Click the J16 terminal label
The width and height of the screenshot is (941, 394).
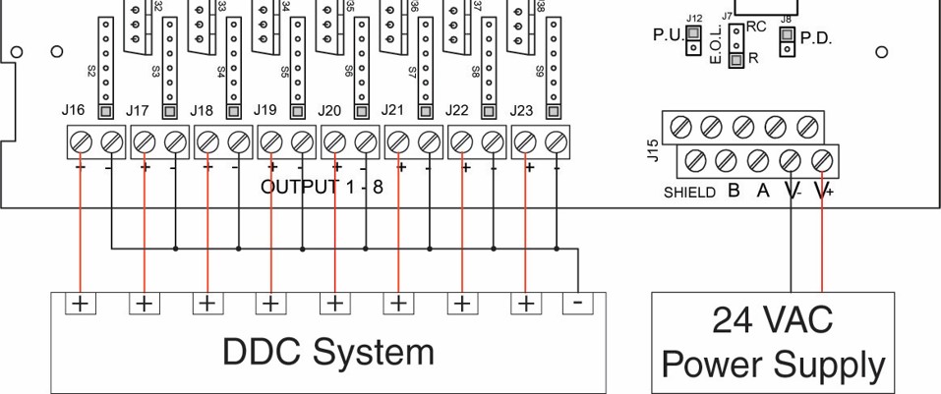pyautogui.click(x=72, y=111)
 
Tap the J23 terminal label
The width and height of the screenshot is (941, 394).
pyautogui.click(x=523, y=111)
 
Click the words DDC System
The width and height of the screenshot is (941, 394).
pyautogui.click(x=327, y=351)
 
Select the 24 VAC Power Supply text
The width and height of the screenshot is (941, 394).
pyautogui.click(x=772, y=343)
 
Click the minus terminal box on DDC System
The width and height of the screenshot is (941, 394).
pyautogui.click(x=577, y=303)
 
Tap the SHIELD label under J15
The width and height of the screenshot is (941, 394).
pyautogui.click(x=689, y=194)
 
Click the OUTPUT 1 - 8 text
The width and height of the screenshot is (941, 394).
pyautogui.click(x=322, y=188)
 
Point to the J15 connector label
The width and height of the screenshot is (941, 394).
pyautogui.click(x=654, y=149)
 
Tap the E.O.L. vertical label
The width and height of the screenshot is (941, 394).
pyautogui.click(x=715, y=44)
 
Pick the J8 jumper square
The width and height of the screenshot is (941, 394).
pyautogui.click(x=787, y=37)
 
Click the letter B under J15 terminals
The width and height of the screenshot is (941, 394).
pyautogui.click(x=733, y=192)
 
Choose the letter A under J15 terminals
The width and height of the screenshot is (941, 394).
pyautogui.click(x=762, y=192)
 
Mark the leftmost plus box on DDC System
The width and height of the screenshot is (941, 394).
pyautogui.click(x=80, y=303)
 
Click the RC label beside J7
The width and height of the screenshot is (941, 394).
pyautogui.click(x=756, y=27)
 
